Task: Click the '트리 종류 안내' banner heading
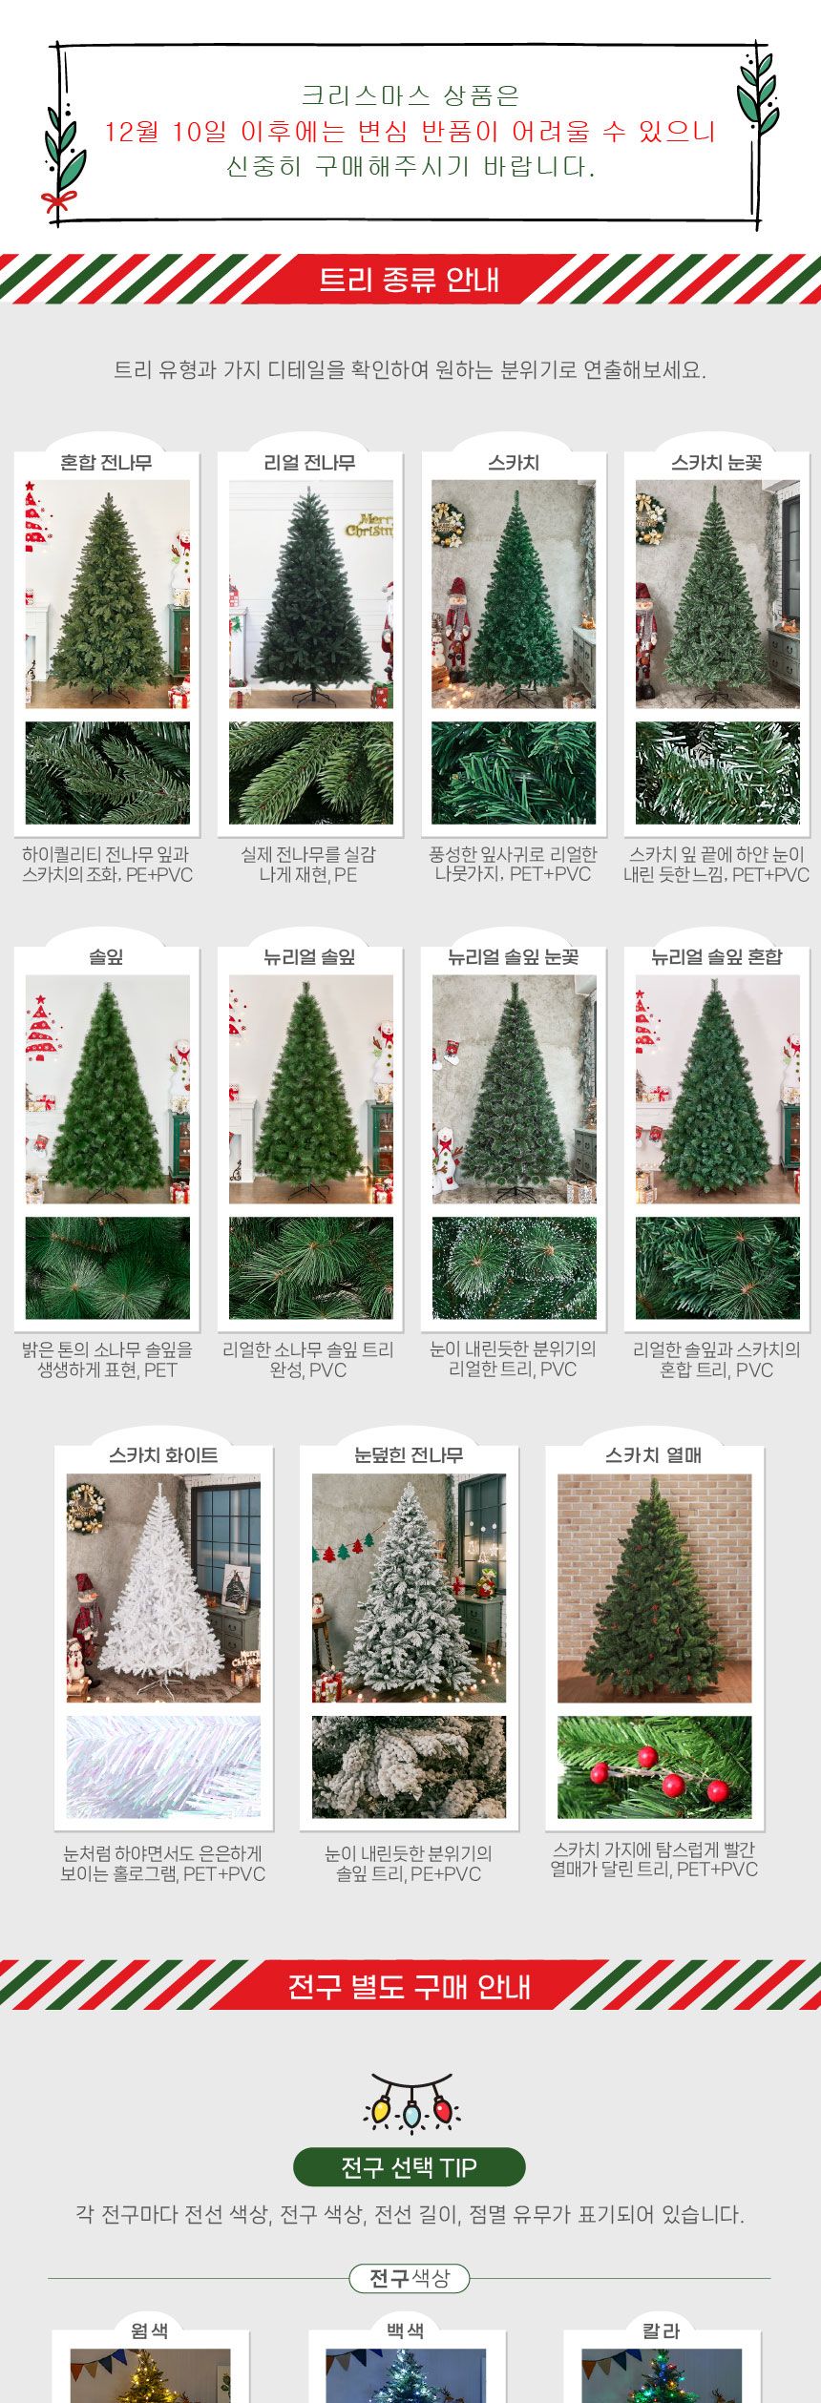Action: [x=409, y=280]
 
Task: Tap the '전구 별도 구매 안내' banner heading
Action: [x=409, y=1986]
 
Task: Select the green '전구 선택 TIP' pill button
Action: [x=409, y=2167]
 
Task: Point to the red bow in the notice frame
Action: [x=58, y=200]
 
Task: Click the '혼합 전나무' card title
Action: [x=106, y=463]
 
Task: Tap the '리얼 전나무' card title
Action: [x=309, y=463]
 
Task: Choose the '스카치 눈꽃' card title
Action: [x=716, y=463]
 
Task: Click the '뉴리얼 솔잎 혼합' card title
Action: [x=716, y=957]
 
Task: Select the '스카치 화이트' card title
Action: [x=163, y=1455]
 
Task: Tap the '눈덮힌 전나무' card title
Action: [x=409, y=1455]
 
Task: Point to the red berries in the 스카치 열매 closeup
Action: [x=659, y=1775]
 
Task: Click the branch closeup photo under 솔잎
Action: [x=107, y=1268]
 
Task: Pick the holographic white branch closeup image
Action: [x=163, y=1766]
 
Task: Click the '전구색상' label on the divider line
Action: [x=409, y=2278]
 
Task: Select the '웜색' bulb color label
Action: [x=150, y=2330]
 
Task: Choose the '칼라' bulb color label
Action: [x=661, y=2330]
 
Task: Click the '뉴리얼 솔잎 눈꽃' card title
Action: [x=514, y=957]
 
